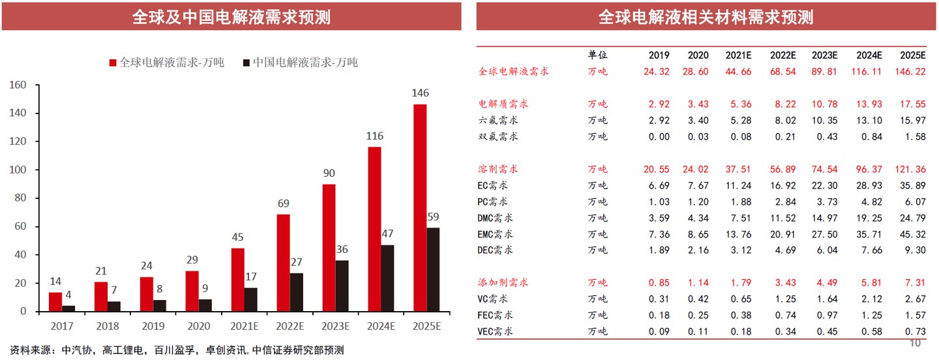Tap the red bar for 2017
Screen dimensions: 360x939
tap(55, 301)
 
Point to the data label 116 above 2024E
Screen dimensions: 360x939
tap(374, 136)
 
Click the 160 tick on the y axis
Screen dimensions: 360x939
tap(18, 85)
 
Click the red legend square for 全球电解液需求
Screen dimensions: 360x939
tap(113, 63)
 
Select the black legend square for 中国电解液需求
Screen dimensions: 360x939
tap(246, 63)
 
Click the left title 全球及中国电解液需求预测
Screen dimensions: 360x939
tap(231, 17)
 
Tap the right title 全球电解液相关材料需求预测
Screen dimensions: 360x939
tap(706, 17)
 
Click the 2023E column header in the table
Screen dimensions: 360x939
tap(824, 55)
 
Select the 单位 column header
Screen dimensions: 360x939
tap(597, 55)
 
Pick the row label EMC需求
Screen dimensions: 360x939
tap(495, 234)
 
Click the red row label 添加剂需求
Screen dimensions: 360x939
tap(503, 282)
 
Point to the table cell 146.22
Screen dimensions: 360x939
tap(911, 72)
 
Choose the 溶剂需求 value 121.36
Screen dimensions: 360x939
tap(911, 169)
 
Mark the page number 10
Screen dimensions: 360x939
tap(915, 343)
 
